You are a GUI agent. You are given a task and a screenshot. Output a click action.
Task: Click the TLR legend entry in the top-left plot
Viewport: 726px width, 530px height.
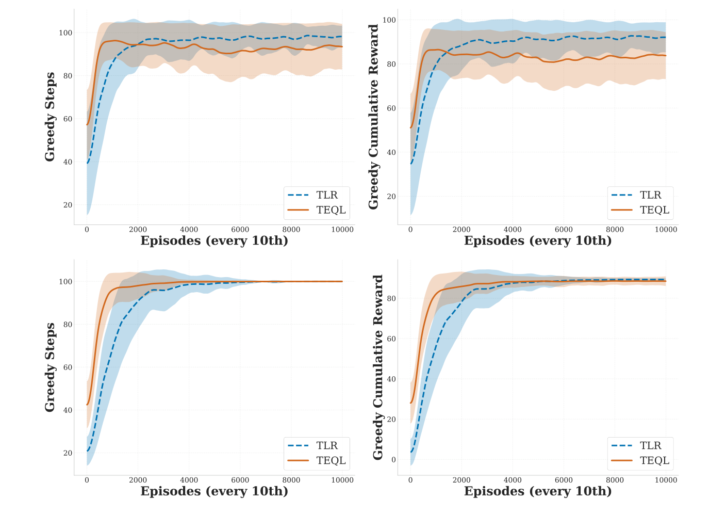[317, 195]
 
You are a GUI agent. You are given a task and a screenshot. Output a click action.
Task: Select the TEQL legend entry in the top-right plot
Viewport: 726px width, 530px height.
[640, 210]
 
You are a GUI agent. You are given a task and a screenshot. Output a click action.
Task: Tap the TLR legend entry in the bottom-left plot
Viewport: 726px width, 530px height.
[317, 445]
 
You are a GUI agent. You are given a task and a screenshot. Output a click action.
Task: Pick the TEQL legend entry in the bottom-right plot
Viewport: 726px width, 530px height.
[640, 460]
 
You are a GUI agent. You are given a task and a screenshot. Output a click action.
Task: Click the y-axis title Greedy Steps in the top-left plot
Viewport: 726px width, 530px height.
[50, 117]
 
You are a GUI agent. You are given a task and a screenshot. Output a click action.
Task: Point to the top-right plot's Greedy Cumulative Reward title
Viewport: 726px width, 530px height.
[374, 117]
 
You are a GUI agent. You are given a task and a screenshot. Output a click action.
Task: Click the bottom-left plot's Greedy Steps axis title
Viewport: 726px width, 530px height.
[50, 367]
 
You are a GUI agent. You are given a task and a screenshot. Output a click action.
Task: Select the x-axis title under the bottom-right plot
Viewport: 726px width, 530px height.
[538, 491]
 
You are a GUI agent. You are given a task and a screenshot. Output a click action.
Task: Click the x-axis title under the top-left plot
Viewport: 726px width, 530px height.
[214, 241]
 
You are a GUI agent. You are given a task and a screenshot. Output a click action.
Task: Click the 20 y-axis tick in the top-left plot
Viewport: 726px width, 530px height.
[68, 205]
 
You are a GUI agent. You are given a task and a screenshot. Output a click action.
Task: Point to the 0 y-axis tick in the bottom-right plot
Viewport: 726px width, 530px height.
[393, 460]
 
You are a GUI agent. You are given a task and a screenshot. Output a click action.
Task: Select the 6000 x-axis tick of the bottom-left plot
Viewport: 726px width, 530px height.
[240, 480]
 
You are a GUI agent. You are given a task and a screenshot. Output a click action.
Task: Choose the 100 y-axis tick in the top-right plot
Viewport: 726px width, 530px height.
[389, 20]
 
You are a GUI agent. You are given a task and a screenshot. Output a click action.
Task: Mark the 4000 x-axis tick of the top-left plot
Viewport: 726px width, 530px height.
[189, 230]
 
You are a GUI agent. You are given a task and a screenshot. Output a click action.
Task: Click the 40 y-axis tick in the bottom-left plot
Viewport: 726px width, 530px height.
[68, 410]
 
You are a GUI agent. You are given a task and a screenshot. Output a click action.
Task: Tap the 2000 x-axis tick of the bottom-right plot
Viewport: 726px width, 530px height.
[461, 480]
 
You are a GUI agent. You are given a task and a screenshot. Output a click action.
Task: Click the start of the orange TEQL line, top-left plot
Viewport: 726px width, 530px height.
[87, 124]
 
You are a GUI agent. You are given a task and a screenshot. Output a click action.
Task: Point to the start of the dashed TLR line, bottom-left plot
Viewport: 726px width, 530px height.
[87, 451]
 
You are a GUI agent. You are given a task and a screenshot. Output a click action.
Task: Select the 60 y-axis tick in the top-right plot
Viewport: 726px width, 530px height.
[391, 108]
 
